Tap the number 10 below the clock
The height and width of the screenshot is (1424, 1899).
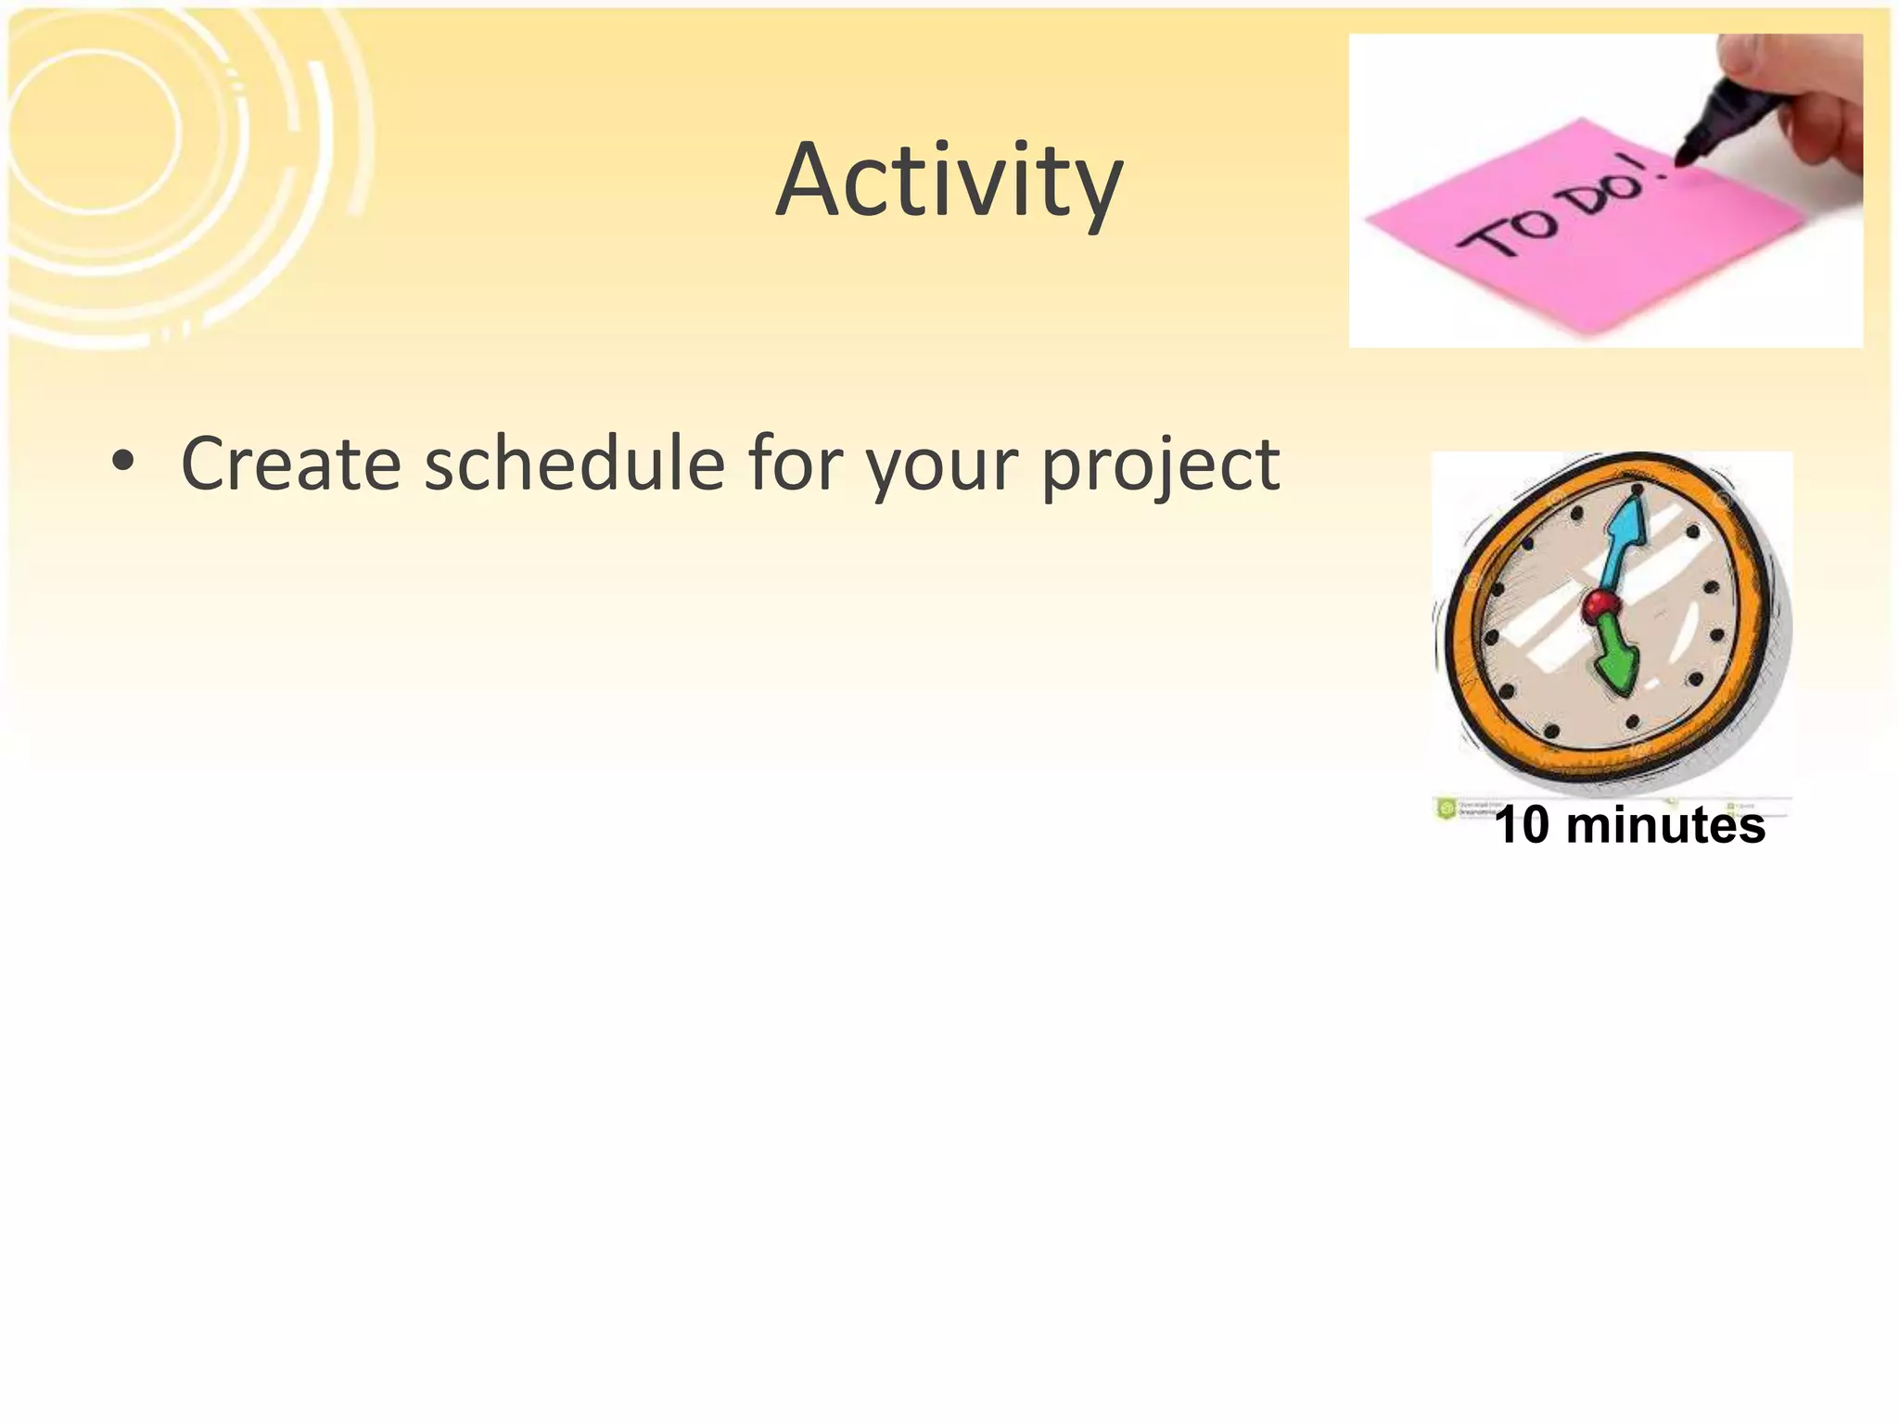click(1522, 825)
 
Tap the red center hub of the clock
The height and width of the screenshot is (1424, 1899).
click(1599, 607)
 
